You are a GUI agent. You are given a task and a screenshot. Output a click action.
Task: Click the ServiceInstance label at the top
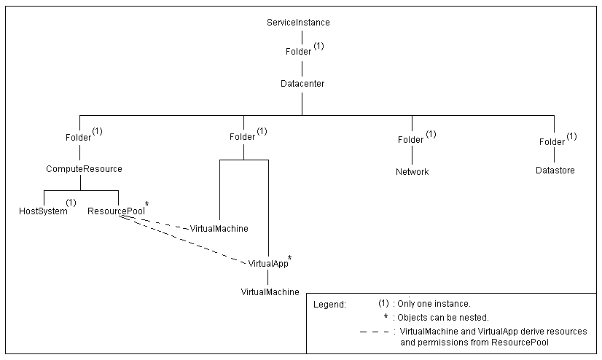[299, 23]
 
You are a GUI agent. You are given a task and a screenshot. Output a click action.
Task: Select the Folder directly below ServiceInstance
[297, 52]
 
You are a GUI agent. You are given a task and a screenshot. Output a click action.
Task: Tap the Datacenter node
[302, 84]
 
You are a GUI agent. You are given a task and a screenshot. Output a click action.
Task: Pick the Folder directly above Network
[410, 139]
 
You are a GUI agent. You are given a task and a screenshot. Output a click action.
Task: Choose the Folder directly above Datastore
[552, 141]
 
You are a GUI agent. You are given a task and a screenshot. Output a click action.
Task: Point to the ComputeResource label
[84, 169]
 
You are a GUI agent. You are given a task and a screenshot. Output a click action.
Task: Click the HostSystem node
[43, 211]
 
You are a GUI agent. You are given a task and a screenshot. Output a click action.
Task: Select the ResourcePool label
[114, 211]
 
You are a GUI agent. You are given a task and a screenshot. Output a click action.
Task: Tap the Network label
[412, 172]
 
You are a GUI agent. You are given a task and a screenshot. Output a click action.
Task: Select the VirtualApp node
[267, 263]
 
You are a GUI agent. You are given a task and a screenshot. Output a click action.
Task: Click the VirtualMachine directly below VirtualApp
[270, 292]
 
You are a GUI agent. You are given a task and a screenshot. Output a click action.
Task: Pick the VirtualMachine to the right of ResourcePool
[219, 229]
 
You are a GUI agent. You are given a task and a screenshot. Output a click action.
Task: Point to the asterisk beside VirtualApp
[290, 257]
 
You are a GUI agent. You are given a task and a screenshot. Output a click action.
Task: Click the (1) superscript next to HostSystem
[71, 203]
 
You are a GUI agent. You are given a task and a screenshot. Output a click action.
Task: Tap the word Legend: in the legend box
[329, 304]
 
